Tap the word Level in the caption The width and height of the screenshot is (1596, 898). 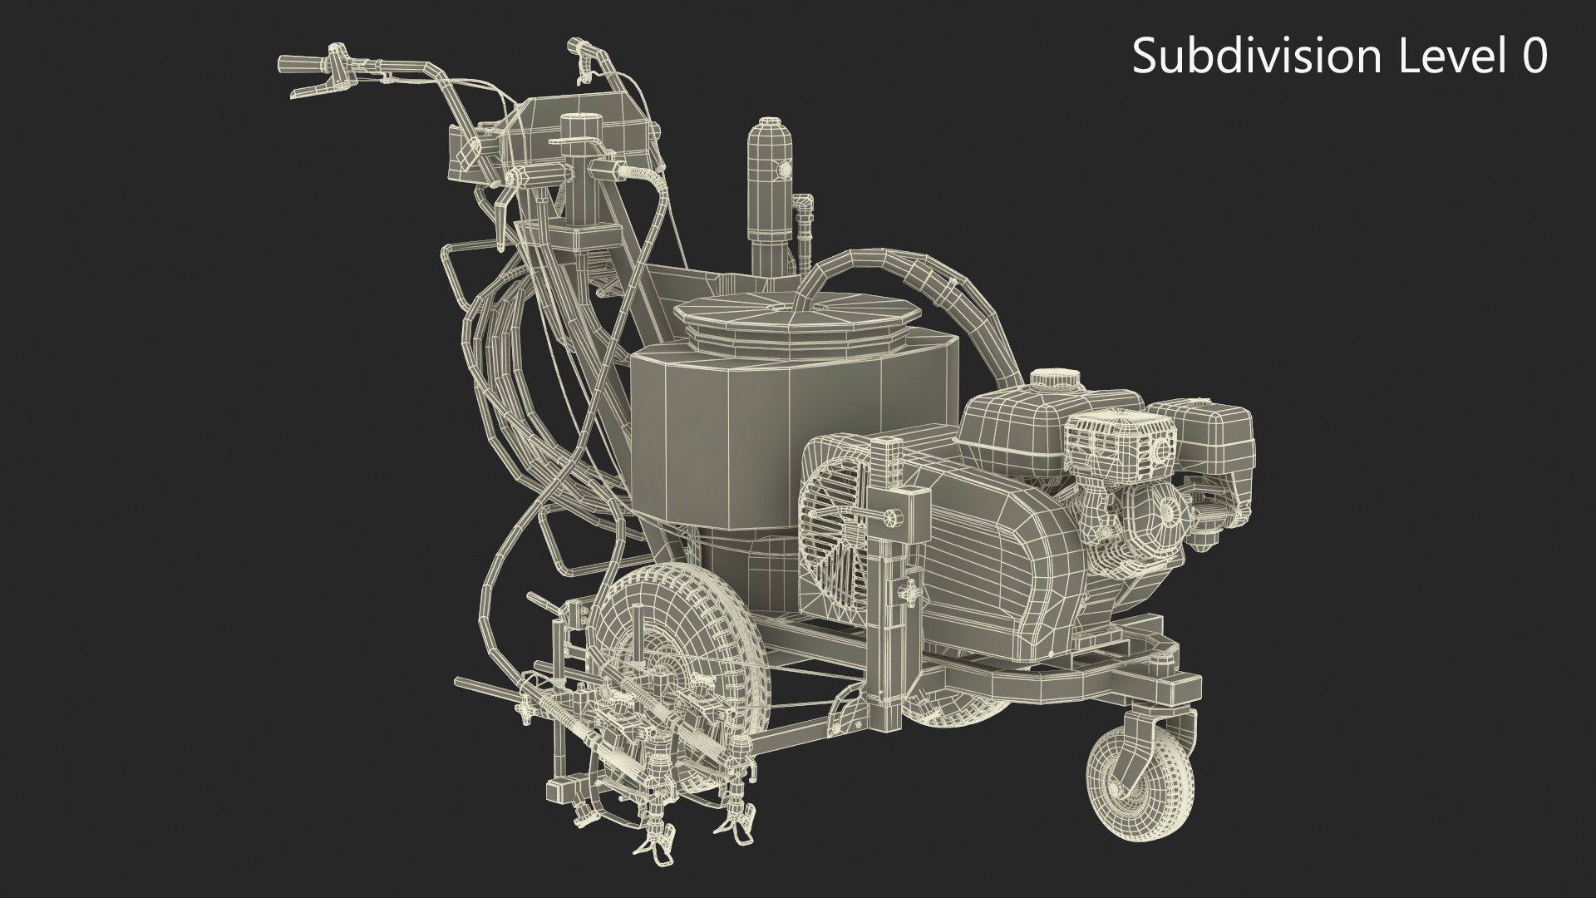(1452, 57)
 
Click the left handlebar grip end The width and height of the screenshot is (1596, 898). (294, 63)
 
